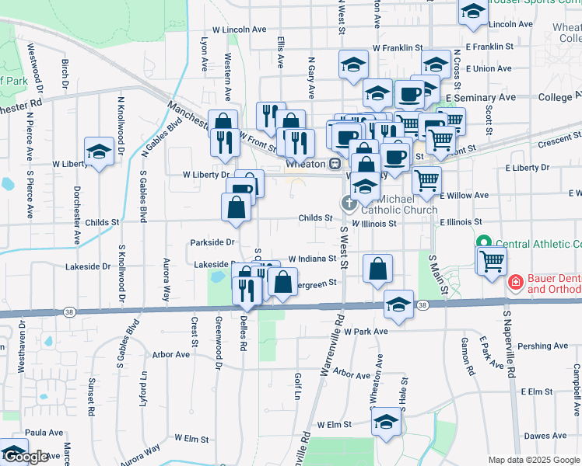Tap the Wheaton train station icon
335,164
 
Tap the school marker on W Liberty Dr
100,151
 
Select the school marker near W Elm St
385,423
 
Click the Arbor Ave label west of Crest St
171,355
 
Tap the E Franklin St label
487,47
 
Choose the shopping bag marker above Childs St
236,208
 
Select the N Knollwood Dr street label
121,124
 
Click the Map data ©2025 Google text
533,459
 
